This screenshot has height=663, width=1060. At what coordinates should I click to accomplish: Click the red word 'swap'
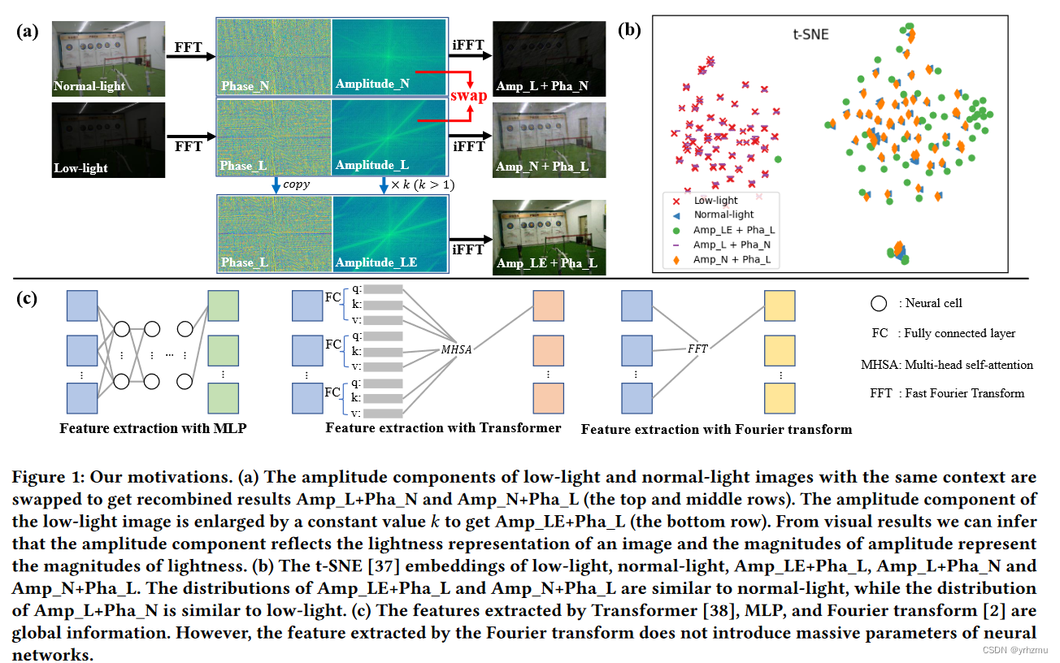468,95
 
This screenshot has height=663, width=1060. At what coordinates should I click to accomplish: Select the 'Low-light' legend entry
715,200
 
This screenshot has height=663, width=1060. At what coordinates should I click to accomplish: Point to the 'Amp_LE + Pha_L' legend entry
733,230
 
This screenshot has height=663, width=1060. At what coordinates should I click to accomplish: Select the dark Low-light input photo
108,140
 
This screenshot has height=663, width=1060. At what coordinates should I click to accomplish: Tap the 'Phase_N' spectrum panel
274,57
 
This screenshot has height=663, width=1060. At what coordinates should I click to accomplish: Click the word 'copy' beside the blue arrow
295,185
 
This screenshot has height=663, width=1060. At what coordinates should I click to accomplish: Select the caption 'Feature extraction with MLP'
153,427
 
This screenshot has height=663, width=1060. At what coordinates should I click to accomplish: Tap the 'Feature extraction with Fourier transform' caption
716,429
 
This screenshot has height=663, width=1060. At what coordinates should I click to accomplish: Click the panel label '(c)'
28,298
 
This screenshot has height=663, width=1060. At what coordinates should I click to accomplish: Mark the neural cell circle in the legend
878,304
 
